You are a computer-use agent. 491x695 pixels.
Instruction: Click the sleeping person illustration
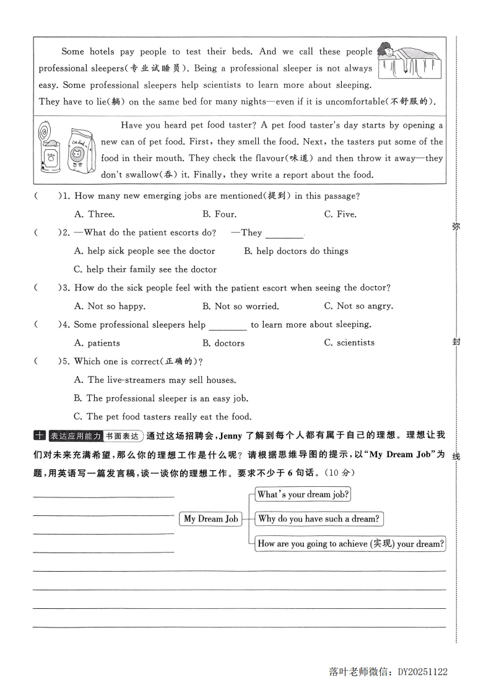tap(409, 66)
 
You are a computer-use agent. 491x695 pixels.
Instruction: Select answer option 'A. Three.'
tap(94, 214)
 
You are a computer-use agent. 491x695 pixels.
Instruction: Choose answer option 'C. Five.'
tap(340, 214)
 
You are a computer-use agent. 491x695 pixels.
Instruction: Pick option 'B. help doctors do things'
tap(296, 251)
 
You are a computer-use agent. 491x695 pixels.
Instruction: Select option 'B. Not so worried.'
tap(240, 306)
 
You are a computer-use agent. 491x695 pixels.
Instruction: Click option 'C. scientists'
tap(349, 343)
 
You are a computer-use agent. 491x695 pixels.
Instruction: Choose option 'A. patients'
tap(97, 343)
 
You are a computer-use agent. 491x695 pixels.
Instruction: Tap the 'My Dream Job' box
tap(211, 519)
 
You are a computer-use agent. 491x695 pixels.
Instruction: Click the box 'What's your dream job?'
tap(303, 494)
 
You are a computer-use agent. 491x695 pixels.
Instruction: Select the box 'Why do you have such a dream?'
tap(319, 518)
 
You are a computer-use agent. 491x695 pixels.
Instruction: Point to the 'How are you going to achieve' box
tap(350, 544)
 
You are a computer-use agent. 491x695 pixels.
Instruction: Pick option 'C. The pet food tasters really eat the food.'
tap(162, 416)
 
